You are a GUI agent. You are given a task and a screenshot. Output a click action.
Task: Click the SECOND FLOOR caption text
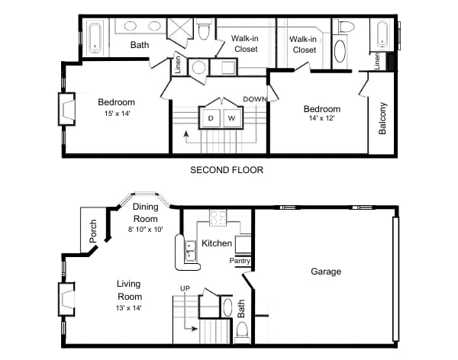(x=227, y=170)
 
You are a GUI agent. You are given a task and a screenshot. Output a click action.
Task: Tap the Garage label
(x=326, y=272)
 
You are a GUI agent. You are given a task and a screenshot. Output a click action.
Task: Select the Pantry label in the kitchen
(x=240, y=261)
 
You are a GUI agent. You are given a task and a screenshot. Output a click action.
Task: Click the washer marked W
(x=231, y=118)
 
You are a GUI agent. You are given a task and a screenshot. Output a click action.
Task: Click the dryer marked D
(x=210, y=118)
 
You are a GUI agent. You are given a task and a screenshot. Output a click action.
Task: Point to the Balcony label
(x=382, y=118)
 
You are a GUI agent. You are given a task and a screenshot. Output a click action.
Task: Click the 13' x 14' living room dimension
(x=129, y=307)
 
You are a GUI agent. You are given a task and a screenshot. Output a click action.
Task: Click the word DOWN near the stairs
(x=254, y=99)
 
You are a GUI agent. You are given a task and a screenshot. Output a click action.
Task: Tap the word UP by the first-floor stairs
(x=184, y=288)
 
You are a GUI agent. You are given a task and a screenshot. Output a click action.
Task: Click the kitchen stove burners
(x=218, y=218)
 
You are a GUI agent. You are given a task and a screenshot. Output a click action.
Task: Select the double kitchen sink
(x=189, y=249)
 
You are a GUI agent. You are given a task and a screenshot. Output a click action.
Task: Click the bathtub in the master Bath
(x=95, y=37)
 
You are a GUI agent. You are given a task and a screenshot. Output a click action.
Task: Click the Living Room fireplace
(x=67, y=300)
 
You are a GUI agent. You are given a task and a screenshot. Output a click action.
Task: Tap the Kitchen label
(x=217, y=243)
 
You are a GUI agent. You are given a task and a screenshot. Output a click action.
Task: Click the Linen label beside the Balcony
(x=377, y=59)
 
